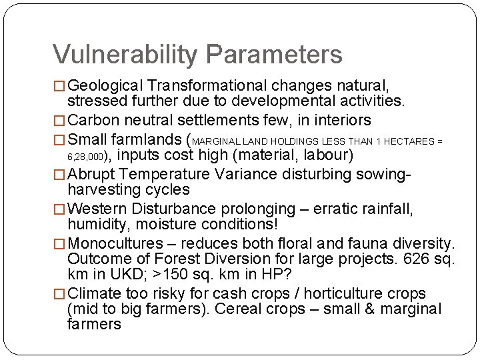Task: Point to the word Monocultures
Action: coord(116,244)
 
